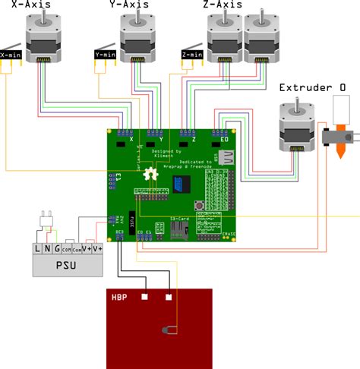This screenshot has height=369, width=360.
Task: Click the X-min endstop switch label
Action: pos(11,55)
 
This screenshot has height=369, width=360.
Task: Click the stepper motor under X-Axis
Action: pos(44,41)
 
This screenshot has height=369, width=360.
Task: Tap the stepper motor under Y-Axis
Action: pos(138,41)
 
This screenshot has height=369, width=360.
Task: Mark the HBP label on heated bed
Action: pos(119,296)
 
